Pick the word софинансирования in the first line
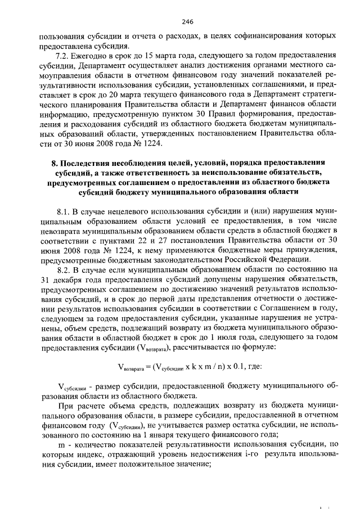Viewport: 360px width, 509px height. click(x=260, y=36)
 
